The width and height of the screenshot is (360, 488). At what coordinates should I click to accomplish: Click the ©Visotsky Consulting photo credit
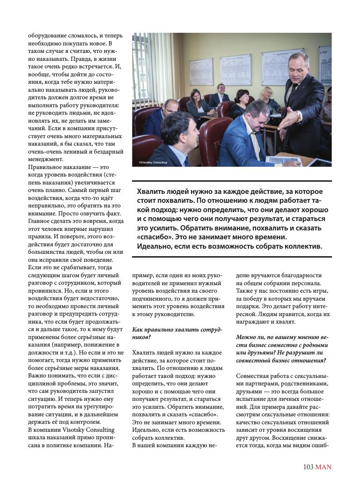click(x=153, y=163)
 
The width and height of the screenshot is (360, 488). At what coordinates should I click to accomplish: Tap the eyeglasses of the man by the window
click(x=169, y=109)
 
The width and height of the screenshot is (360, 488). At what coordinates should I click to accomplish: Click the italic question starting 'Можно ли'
click(x=281, y=348)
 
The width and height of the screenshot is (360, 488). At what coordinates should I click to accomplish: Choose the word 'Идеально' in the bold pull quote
click(x=154, y=246)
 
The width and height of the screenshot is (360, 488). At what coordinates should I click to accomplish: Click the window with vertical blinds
click(x=142, y=70)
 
